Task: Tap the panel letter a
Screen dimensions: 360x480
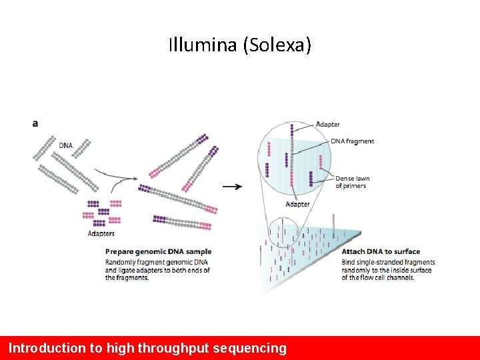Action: click(x=35, y=123)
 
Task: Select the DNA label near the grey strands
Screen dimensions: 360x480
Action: click(x=66, y=145)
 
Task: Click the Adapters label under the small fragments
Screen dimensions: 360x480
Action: click(x=101, y=233)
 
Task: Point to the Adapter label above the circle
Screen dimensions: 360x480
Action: click(x=327, y=124)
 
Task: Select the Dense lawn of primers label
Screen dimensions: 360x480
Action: click(x=352, y=182)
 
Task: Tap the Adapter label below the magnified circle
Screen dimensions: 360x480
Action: click(x=297, y=204)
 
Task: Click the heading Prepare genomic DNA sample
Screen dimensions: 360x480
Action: click(x=158, y=251)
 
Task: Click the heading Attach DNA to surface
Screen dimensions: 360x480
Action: click(x=381, y=251)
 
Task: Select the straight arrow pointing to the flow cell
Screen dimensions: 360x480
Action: click(x=232, y=187)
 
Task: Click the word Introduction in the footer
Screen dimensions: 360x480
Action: click(x=47, y=348)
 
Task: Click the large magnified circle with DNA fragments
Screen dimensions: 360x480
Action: click(x=294, y=162)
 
